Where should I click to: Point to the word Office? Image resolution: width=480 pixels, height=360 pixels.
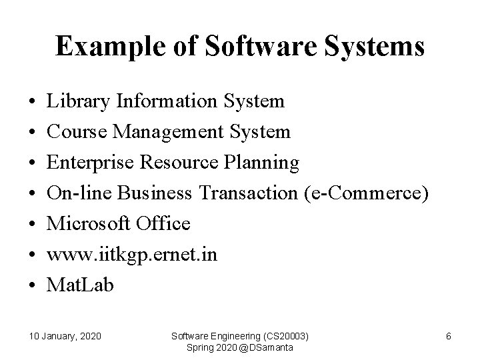coord(163,223)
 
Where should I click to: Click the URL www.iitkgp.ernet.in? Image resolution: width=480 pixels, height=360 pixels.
coord(131,254)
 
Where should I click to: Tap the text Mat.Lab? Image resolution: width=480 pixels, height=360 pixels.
coord(80,285)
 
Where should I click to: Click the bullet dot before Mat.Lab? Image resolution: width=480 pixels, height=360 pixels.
coord(32,285)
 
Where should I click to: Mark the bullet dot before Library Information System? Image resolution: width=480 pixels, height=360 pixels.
coord(32,102)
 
